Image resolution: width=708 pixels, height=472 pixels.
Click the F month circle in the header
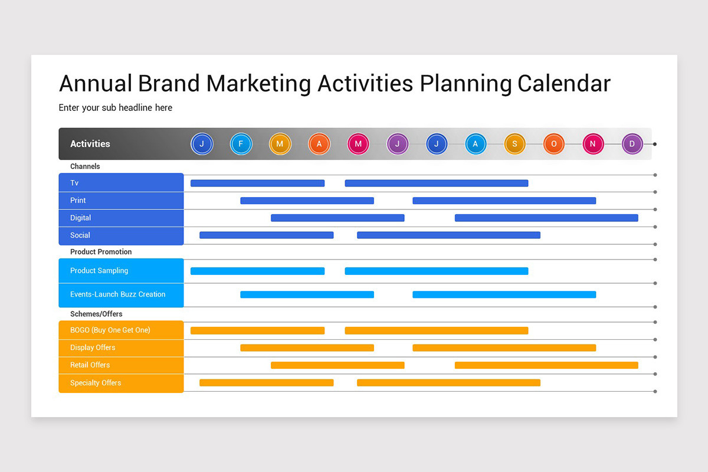point(241,144)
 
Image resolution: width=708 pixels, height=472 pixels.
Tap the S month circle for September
point(514,144)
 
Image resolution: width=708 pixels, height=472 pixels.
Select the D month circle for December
point(632,144)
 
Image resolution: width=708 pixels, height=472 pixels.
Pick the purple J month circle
point(397,144)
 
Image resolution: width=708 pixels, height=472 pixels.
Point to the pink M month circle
point(358,144)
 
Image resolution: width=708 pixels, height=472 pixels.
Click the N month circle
point(593,144)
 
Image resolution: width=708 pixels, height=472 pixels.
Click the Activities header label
point(90,144)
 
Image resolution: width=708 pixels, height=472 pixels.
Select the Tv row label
point(74,183)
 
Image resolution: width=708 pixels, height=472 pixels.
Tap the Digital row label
point(81,218)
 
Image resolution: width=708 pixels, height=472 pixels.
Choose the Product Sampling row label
point(99,271)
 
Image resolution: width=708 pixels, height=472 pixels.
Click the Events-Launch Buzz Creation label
point(118,294)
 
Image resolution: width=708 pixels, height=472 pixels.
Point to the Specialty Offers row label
point(96,383)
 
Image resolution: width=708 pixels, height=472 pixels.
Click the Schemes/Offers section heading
point(96,314)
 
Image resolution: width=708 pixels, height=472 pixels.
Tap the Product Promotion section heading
point(101,252)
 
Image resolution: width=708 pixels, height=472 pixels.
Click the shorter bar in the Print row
point(307,201)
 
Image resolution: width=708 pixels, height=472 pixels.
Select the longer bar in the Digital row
point(546,218)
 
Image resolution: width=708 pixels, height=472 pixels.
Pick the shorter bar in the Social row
point(266,235)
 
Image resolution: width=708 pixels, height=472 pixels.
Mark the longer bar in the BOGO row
point(436,330)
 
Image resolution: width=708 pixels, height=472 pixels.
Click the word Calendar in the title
point(563,83)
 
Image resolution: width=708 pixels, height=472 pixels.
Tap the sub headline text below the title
point(116,108)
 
